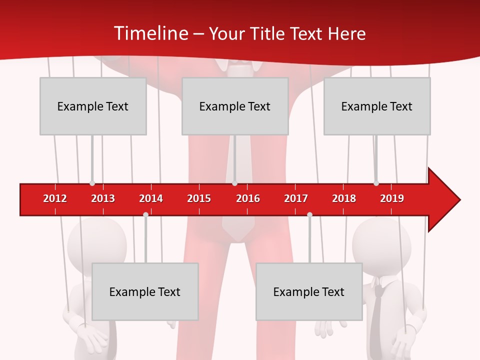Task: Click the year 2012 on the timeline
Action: [x=55, y=198]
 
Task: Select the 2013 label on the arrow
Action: [x=103, y=198]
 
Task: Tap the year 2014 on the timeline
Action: [x=151, y=198]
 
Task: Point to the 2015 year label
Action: [x=199, y=198]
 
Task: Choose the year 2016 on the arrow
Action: [x=248, y=198]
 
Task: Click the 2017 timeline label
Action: [x=296, y=198]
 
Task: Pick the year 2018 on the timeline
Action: [x=344, y=198]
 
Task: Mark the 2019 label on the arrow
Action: [x=392, y=198]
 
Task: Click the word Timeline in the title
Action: [x=150, y=33]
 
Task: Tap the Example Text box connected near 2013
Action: [x=93, y=106]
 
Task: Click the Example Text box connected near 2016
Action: [x=235, y=106]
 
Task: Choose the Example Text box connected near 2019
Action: [x=377, y=106]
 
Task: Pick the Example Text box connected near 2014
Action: [x=145, y=291]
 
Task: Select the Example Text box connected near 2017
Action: [x=309, y=291]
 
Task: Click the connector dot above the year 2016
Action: [x=234, y=183]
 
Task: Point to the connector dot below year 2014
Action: [x=145, y=214]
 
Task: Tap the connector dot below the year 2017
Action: [x=309, y=214]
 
